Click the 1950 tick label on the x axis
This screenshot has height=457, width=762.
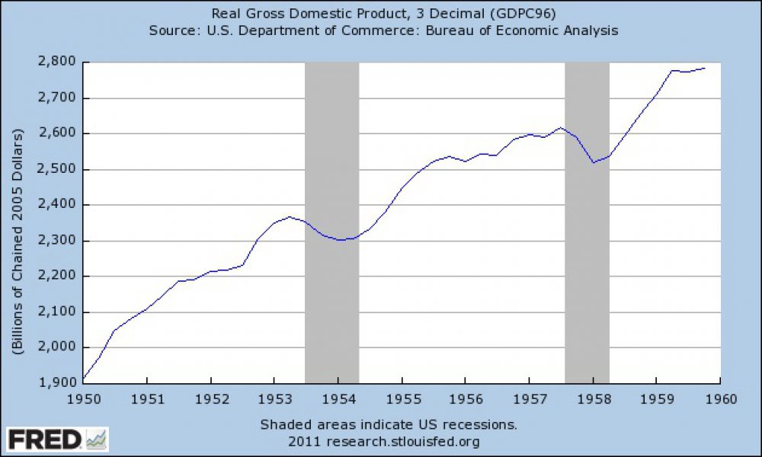coord(83,398)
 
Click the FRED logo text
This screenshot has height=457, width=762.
coord(44,439)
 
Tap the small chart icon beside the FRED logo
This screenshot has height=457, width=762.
coord(97,439)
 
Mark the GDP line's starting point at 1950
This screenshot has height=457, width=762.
coord(84,379)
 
